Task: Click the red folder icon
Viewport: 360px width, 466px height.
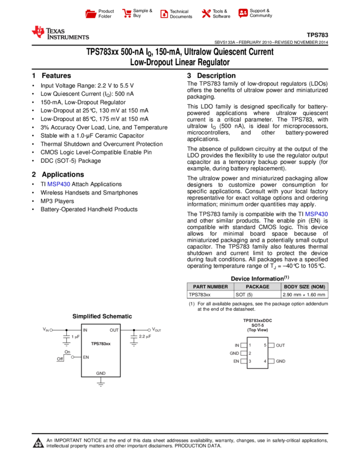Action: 91,14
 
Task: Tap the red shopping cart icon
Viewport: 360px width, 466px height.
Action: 127,14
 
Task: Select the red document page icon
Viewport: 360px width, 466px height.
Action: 164,14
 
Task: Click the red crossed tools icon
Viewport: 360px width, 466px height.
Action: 206,14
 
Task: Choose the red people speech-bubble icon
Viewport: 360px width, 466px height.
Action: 243,13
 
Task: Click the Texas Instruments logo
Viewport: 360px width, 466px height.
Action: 60,33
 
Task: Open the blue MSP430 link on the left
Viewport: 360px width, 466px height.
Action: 59,185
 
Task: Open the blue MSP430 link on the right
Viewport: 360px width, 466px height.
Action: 317,214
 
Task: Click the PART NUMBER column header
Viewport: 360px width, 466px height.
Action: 210,287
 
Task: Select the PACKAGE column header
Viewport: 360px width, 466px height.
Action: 258,287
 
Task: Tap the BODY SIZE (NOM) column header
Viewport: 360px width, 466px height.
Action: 305,287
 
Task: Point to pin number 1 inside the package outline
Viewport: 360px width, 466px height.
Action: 250,345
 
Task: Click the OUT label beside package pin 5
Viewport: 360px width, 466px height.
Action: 281,345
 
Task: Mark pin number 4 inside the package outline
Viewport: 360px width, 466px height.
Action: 265,361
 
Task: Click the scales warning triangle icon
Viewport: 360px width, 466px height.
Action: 38,443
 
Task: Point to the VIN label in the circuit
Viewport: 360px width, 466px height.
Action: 46,329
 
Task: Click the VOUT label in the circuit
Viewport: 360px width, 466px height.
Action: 157,329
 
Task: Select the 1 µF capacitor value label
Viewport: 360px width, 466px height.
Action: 76,337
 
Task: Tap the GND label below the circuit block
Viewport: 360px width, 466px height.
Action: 101,373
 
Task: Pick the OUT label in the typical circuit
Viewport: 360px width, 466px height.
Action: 114,330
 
